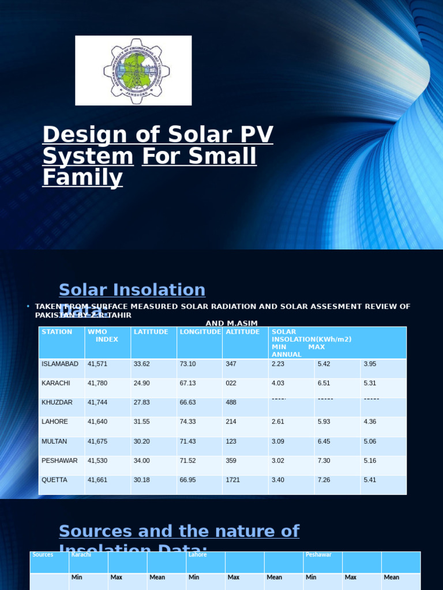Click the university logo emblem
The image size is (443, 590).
pyautogui.click(x=137, y=71)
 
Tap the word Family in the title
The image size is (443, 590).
pyautogui.click(x=82, y=177)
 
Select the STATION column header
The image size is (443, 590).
pyautogui.click(x=57, y=332)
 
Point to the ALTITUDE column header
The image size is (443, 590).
pyautogui.click(x=242, y=332)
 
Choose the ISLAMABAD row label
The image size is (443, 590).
pyautogui.click(x=59, y=364)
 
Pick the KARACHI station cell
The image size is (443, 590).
pyautogui.click(x=56, y=383)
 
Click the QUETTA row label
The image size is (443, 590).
pyautogui.click(x=54, y=480)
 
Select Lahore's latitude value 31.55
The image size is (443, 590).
pyautogui.click(x=141, y=422)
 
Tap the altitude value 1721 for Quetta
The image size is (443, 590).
pyautogui.click(x=233, y=480)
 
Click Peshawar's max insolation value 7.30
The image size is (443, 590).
pyautogui.click(x=325, y=461)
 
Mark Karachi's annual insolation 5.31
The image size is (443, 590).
pyautogui.click(x=371, y=383)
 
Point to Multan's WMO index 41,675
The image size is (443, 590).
pyautogui.click(x=97, y=441)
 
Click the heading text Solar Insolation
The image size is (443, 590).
pyautogui.click(x=132, y=290)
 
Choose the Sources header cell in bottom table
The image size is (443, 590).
pyautogui.click(x=43, y=555)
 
